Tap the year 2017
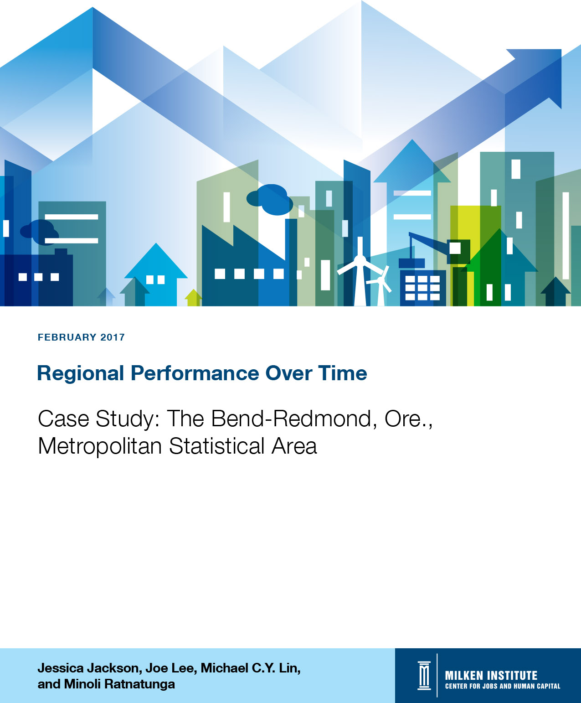point(113,337)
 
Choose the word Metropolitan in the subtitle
point(100,446)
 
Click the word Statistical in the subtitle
point(216,446)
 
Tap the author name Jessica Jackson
point(90,668)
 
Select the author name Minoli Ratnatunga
point(119,684)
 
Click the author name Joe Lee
point(171,668)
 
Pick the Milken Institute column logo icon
point(424,676)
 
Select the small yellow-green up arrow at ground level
point(193,298)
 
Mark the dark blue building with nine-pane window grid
point(423,288)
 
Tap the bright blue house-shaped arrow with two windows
point(156,275)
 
